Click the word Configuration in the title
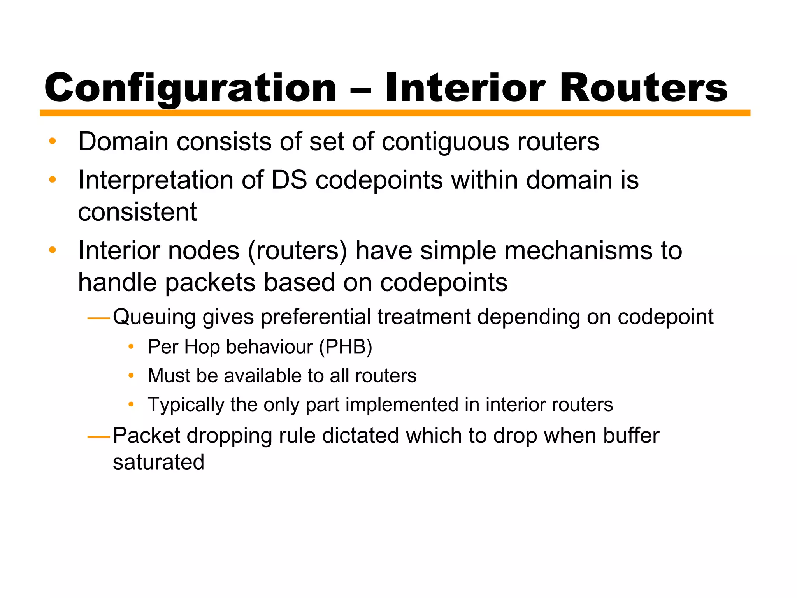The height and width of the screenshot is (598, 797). point(190,89)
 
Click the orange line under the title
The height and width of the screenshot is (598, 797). point(395,113)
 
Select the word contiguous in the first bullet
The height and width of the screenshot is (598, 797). point(445,142)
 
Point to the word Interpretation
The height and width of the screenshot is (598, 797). point(156,181)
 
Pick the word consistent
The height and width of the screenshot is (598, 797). point(137,212)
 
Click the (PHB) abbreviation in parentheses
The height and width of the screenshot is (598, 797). point(346,347)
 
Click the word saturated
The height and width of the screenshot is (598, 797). point(158,463)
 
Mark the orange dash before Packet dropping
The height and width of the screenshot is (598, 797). point(99,437)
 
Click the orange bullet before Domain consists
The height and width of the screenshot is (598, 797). point(53,141)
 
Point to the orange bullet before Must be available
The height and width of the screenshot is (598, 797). point(131,376)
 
